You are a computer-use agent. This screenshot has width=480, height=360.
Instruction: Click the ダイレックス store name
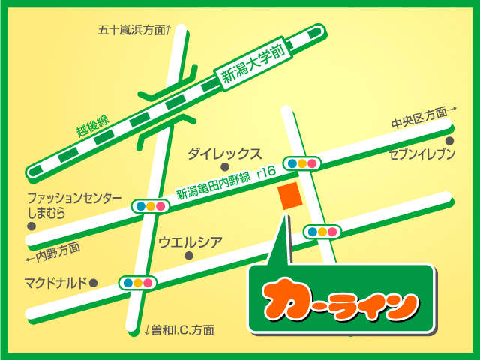pos(224,154)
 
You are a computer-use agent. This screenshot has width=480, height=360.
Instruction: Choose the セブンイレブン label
pos(422,154)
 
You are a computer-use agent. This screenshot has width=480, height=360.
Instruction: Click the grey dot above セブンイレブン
pos(450,140)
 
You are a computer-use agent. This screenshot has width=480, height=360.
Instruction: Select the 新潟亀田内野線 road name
pos(214,184)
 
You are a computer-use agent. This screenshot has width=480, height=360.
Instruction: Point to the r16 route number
pos(266,172)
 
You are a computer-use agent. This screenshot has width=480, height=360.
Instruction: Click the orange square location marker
pos(290,196)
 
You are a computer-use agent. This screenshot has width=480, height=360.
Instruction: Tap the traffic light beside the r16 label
pos(301,163)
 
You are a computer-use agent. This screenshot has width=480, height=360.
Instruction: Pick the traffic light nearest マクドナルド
pos(137,283)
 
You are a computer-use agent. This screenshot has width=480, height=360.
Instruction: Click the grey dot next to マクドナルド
pos(94,283)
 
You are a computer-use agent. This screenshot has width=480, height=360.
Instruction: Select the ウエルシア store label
pos(190,241)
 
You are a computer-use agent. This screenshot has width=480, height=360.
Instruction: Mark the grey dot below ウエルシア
pos(189,256)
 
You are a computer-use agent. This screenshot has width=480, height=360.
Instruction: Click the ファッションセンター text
pos(74,198)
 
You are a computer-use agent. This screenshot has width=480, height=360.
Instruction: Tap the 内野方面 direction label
pos(52,250)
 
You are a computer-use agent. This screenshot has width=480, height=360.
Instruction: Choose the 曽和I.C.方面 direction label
pos(179,329)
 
